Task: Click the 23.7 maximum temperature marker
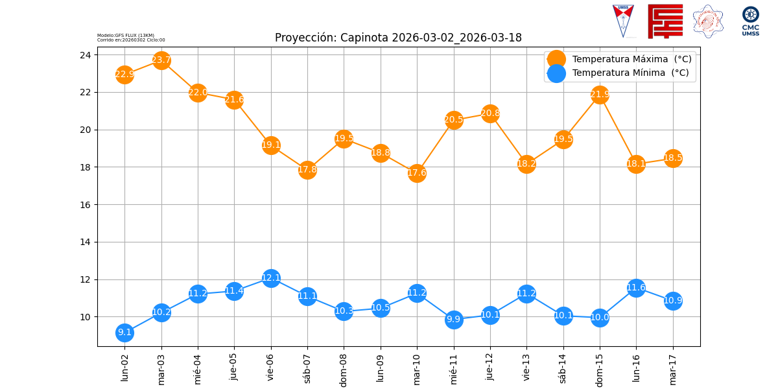tap(161, 60)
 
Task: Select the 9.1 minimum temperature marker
tap(124, 333)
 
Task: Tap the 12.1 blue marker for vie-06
tap(271, 278)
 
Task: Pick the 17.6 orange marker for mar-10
tap(417, 173)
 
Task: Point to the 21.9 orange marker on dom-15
tap(600, 95)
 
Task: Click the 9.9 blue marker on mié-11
tap(454, 319)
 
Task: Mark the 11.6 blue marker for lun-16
tap(636, 288)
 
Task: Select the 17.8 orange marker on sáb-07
tap(307, 170)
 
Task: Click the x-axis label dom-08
tap(344, 370)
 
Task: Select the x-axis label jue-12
tap(490, 368)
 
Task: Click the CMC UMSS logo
tap(750, 21)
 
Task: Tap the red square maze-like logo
tap(665, 21)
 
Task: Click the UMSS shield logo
tap(623, 21)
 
